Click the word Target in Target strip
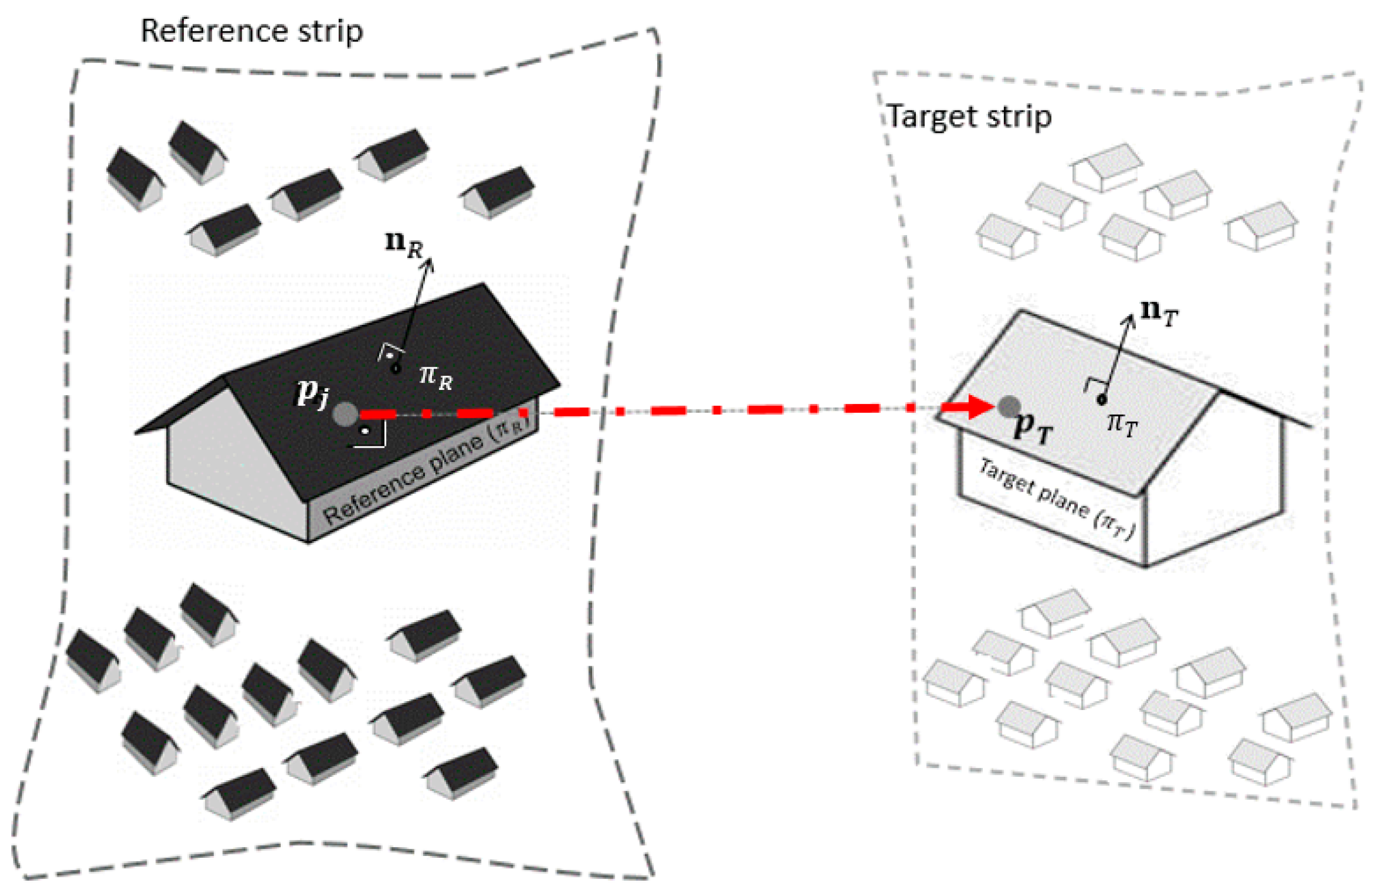point(931,116)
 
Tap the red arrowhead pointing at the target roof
point(978,406)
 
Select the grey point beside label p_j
point(345,414)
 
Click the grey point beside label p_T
point(1009,406)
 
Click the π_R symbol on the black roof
point(436,376)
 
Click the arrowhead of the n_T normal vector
point(1129,320)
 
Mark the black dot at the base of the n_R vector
point(397,369)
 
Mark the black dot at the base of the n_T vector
point(1101,400)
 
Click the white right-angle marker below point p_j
point(372,435)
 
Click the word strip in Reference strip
point(330,31)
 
